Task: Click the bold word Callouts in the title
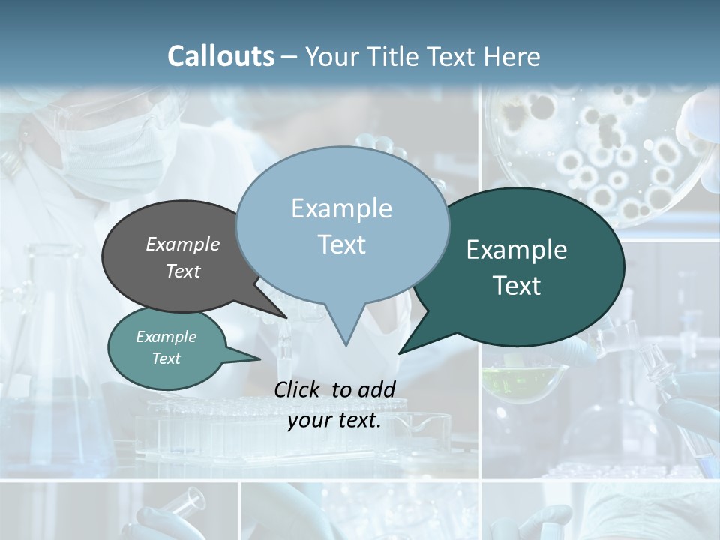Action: point(220,56)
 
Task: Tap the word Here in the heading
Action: point(512,56)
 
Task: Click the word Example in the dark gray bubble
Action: point(182,244)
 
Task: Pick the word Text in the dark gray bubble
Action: point(182,271)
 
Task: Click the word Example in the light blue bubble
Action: point(341,208)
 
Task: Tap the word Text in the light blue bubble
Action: point(341,244)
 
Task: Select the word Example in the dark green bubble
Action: point(516,249)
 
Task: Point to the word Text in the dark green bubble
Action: point(516,285)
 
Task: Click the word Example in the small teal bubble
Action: point(166,337)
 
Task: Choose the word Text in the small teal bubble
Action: point(166,358)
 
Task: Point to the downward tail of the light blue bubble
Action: point(345,330)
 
